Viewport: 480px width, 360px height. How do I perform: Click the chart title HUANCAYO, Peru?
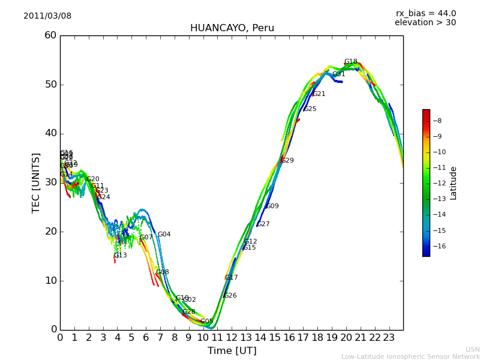(x=232, y=28)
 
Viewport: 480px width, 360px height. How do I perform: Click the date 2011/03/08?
(x=47, y=16)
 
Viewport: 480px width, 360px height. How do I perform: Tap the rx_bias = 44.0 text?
(x=425, y=13)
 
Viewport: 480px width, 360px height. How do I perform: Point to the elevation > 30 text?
(x=425, y=23)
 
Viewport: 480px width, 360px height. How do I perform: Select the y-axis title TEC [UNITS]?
(x=36, y=182)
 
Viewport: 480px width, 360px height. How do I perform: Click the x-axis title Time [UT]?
(x=232, y=350)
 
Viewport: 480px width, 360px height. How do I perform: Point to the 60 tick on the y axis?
(x=50, y=35)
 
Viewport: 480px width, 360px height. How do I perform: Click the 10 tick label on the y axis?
(x=50, y=281)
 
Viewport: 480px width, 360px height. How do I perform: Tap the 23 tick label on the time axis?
(x=388, y=337)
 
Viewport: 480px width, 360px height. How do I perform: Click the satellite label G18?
(x=350, y=62)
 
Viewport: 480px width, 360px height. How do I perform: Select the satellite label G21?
(x=319, y=94)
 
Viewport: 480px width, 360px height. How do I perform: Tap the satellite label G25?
(x=310, y=109)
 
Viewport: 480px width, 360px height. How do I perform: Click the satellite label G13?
(x=120, y=256)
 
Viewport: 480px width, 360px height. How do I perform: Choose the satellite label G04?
(x=164, y=235)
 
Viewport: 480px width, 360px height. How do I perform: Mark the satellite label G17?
(x=231, y=278)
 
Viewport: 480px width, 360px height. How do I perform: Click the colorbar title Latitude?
(x=454, y=183)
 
